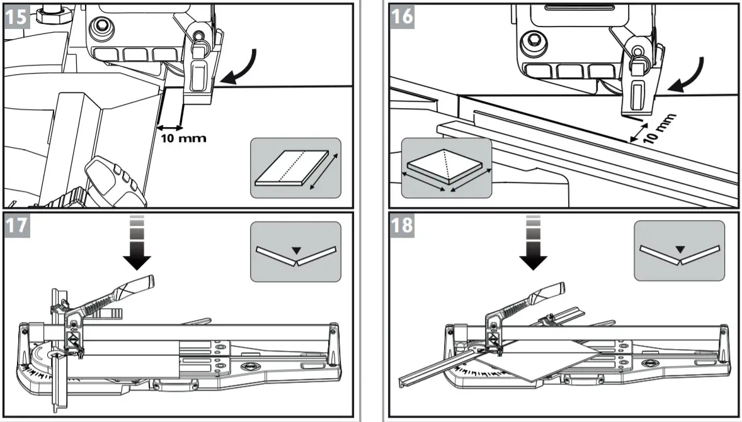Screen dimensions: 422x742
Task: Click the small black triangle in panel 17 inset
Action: tap(297, 251)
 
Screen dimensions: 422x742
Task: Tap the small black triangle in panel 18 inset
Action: tap(680, 250)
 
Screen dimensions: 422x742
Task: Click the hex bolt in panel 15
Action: tap(99, 27)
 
